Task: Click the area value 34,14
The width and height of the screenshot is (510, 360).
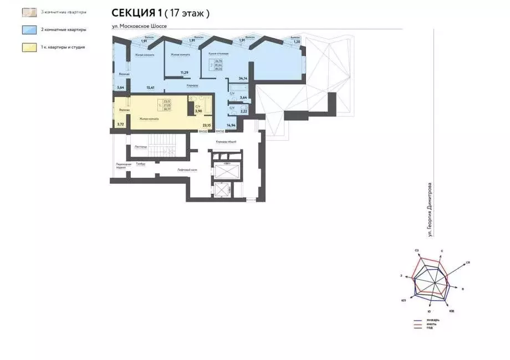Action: pyautogui.click(x=243, y=79)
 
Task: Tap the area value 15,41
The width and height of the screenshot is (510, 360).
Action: pyautogui.click(x=149, y=88)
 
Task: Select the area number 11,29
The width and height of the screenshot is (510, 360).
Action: pyautogui.click(x=185, y=73)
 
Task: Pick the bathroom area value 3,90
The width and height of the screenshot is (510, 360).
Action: pyautogui.click(x=198, y=111)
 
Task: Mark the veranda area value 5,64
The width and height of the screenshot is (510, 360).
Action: pyautogui.click(x=120, y=88)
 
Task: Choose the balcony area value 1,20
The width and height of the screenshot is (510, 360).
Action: pyautogui.click(x=296, y=42)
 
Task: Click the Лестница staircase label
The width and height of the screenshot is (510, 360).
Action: pyautogui.click(x=141, y=147)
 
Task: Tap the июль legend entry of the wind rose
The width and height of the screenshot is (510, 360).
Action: pyautogui.click(x=431, y=324)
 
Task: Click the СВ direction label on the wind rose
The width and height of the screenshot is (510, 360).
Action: pyautogui.click(x=468, y=262)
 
